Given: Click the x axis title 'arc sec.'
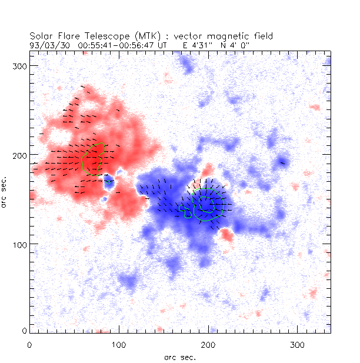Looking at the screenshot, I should pyautogui.click(x=179, y=357).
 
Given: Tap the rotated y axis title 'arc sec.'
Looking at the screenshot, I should pyautogui.click(x=5, y=192).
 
